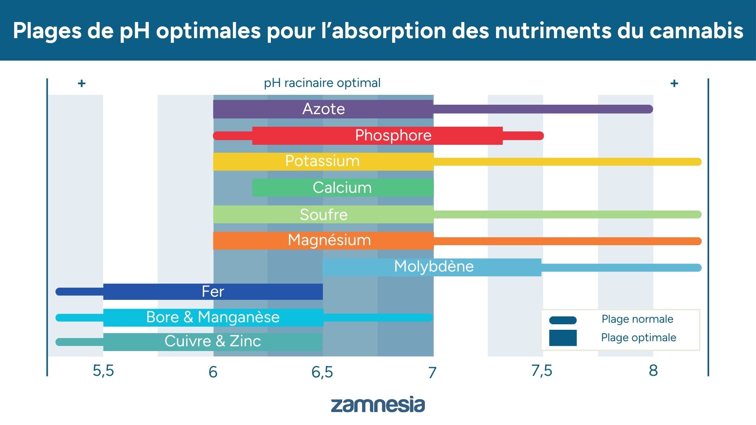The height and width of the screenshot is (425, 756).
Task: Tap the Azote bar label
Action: coord(323,109)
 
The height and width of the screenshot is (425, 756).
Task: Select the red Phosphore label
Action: coord(393,135)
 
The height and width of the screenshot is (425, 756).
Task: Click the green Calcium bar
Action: coord(342,188)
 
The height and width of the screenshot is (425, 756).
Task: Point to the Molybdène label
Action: coord(434,267)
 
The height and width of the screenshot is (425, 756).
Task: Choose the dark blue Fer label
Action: coord(213,292)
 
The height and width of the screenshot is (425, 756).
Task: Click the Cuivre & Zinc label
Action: coord(213,341)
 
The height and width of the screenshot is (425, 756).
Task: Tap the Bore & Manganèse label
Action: coord(213,317)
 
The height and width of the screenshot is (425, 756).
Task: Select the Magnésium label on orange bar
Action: coord(329,240)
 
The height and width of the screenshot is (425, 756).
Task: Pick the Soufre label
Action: coord(323,214)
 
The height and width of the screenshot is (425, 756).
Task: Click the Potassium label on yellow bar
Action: coord(322,161)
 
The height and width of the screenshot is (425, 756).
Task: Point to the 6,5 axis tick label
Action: coord(322,372)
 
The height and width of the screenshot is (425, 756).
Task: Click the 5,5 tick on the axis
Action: coord(103,371)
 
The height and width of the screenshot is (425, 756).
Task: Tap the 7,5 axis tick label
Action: coord(541,371)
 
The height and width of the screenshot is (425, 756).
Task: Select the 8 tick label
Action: coord(653,371)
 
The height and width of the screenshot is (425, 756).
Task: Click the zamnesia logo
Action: coord(378,405)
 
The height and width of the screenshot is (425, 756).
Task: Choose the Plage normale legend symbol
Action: coord(563,320)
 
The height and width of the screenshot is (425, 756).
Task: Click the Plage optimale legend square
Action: coord(563,338)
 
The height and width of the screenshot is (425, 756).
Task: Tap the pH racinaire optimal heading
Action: coord(322,83)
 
